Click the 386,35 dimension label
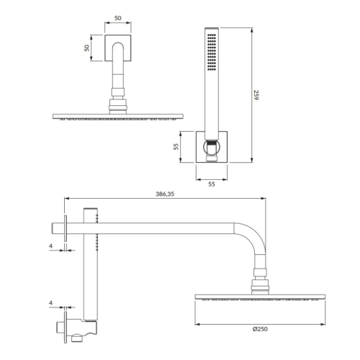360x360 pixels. click(165, 194)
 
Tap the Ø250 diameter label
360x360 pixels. click(260, 329)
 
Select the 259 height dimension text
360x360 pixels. click(256, 95)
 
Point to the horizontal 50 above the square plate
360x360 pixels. click(118, 18)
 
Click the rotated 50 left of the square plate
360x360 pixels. click(86, 48)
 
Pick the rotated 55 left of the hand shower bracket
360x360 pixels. click(176, 147)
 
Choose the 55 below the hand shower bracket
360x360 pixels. click(212, 184)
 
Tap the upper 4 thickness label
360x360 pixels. click(50, 246)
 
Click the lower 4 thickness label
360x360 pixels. click(50, 303)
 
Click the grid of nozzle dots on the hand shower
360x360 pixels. click(212, 52)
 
